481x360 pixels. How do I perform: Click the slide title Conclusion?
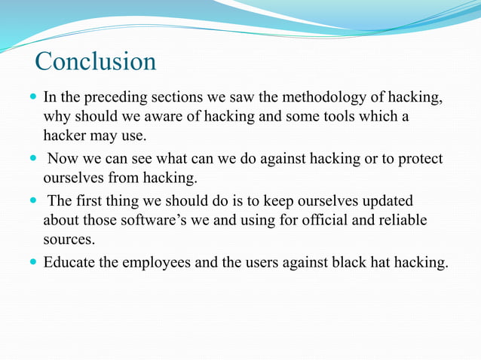point(95,61)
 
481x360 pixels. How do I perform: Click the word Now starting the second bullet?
point(65,160)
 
